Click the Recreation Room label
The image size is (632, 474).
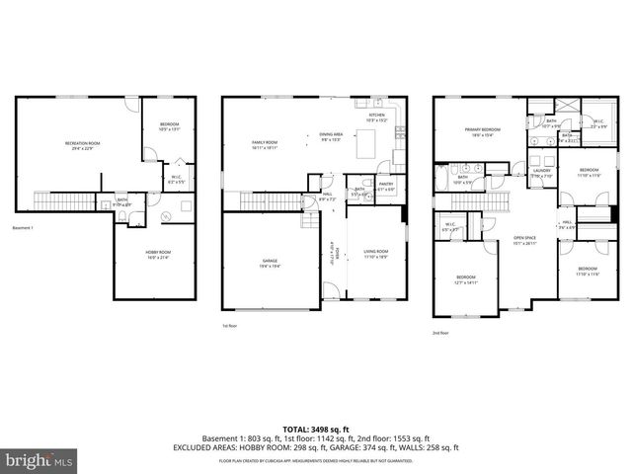82,145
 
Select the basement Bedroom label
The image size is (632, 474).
170,125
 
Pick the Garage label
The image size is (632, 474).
270,263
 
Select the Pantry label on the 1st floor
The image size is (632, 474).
386,185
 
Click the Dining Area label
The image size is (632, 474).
331,136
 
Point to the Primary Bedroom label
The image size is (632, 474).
483,132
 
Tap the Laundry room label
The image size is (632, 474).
541,173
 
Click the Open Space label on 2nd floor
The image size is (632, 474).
523,239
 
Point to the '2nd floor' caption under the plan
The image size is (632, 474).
442,332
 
